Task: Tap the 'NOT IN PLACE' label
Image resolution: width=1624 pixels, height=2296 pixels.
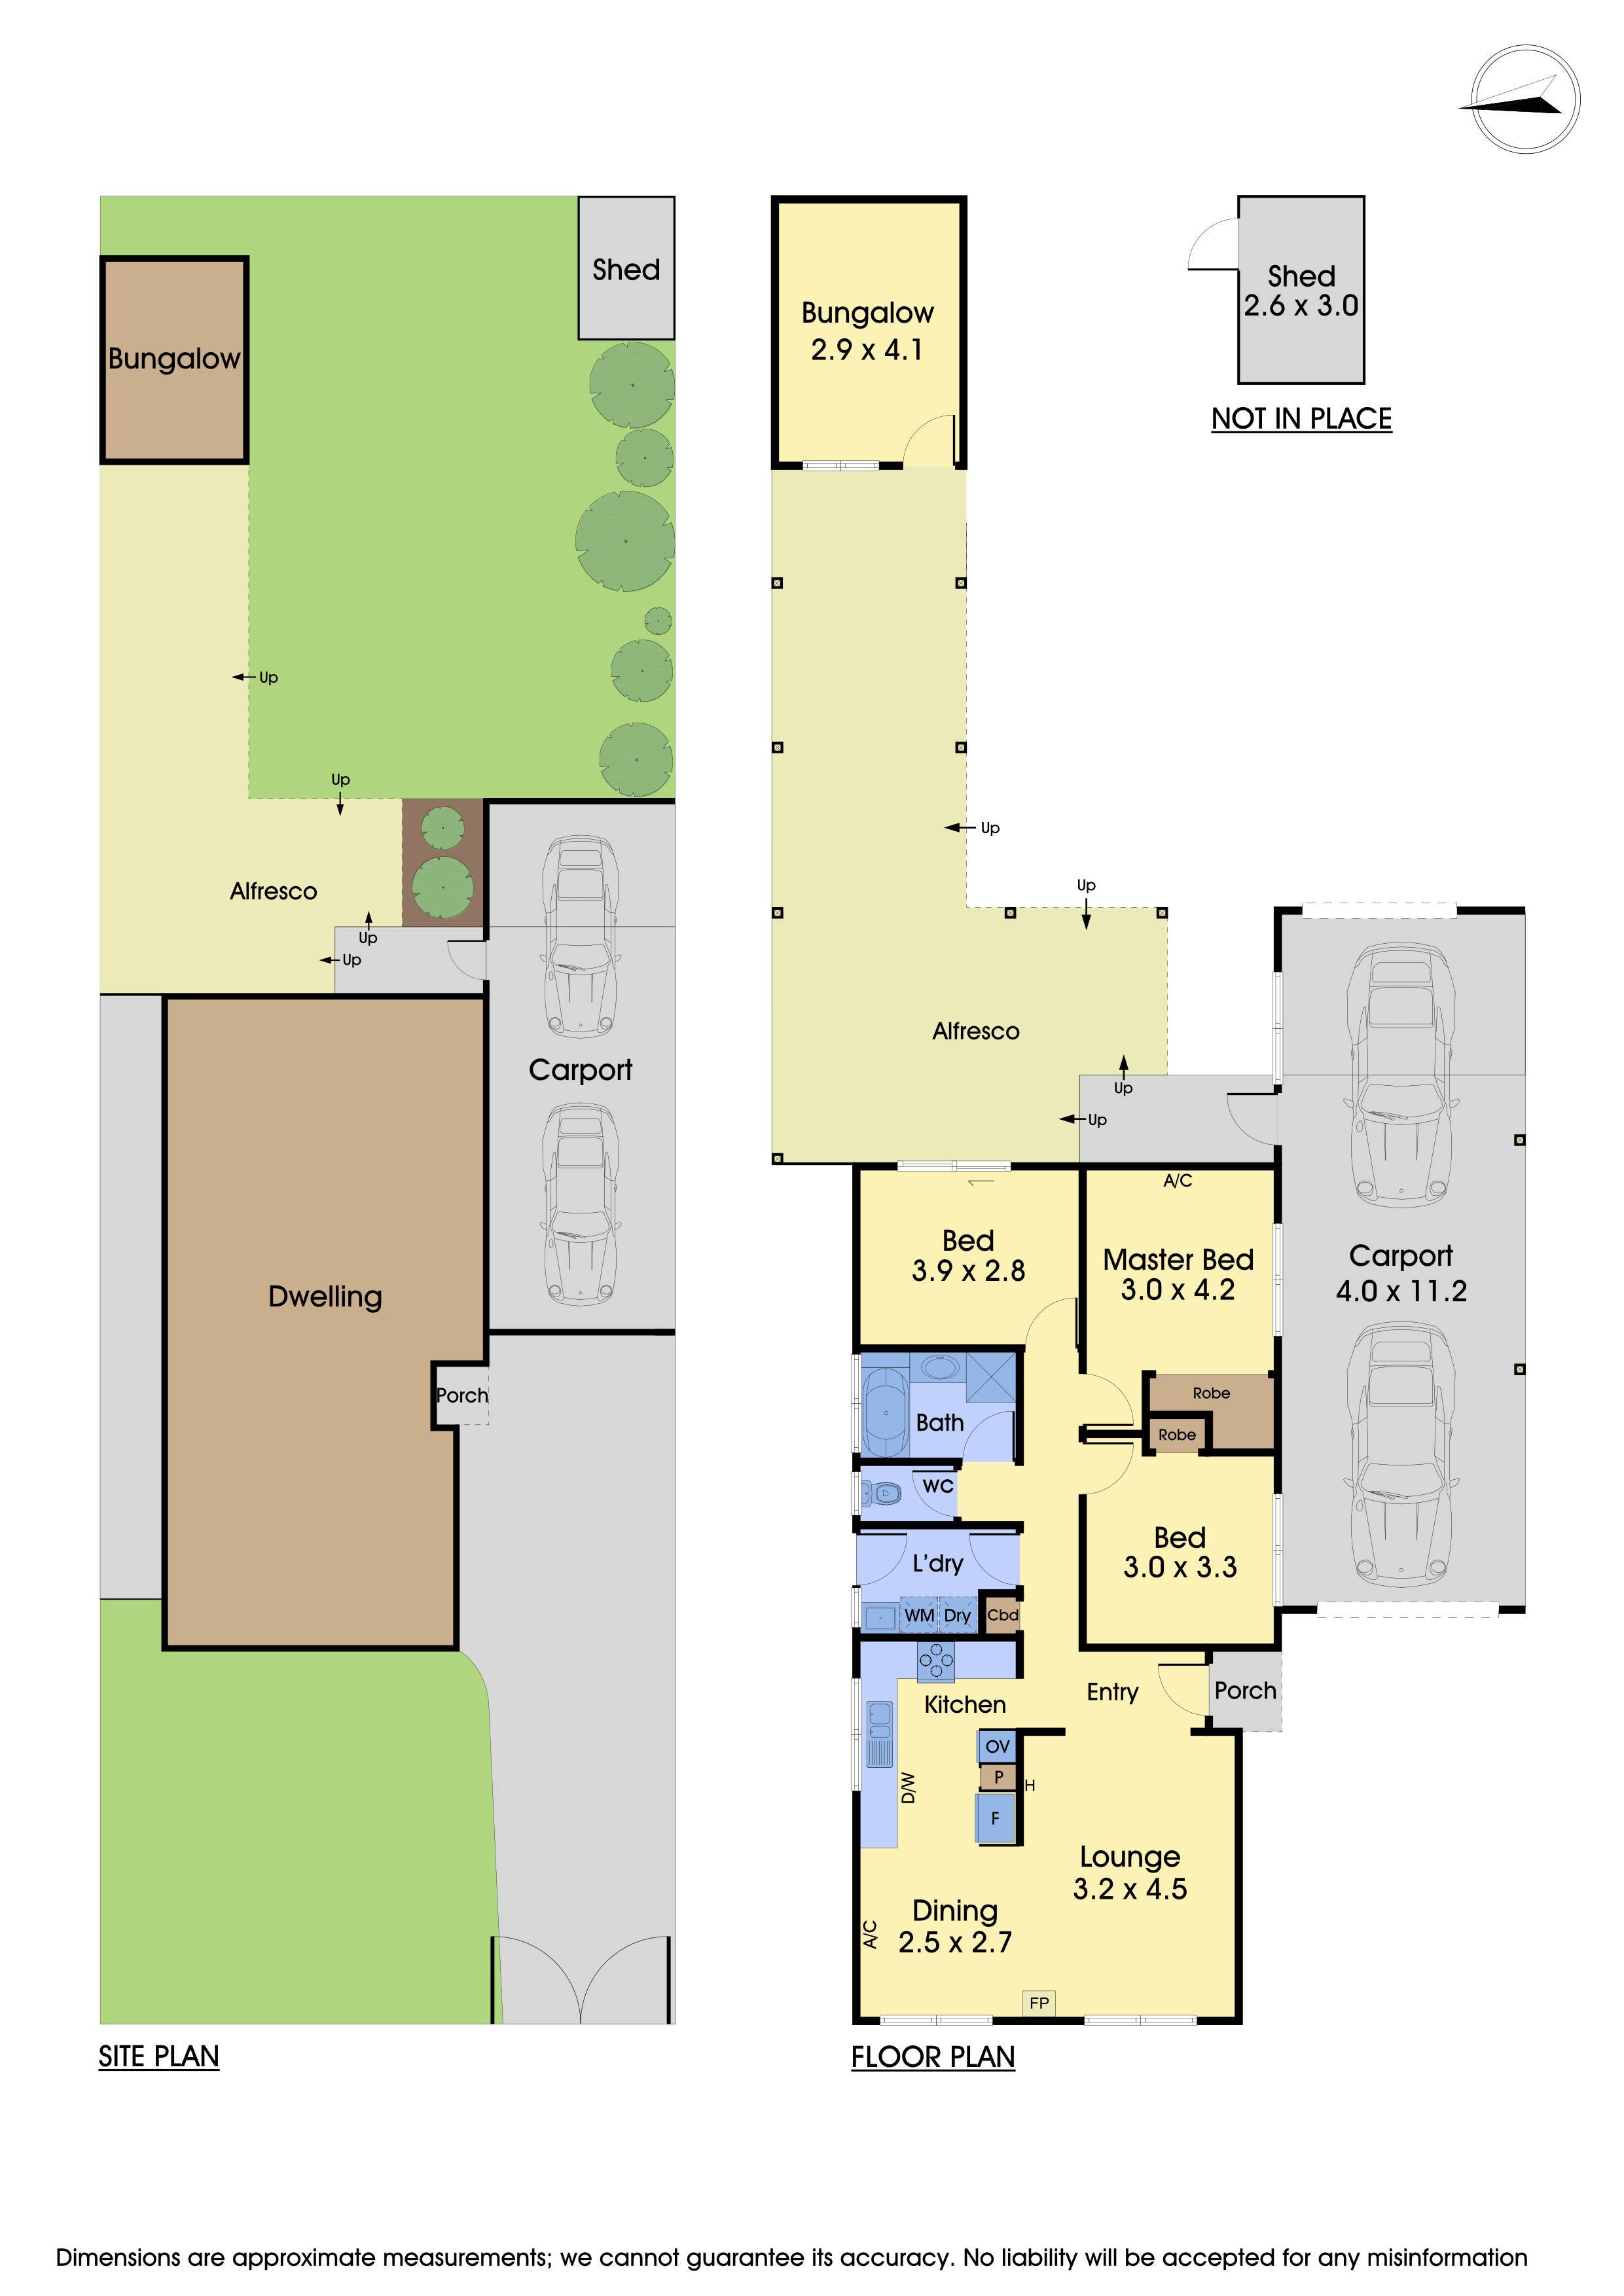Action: [1301, 418]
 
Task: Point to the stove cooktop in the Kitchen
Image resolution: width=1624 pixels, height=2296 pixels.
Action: [936, 1661]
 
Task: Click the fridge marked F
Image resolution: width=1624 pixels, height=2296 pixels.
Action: [995, 1818]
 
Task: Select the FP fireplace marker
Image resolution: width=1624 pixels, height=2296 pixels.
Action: [1039, 2002]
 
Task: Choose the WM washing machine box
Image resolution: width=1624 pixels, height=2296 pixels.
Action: [919, 1616]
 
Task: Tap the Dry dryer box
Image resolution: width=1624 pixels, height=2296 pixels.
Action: [957, 1616]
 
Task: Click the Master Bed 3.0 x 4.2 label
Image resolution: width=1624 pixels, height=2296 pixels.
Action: [1178, 1275]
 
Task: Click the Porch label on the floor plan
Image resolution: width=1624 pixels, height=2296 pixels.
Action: [1245, 1690]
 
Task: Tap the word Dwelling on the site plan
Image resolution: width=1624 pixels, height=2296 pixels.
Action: [325, 1297]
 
